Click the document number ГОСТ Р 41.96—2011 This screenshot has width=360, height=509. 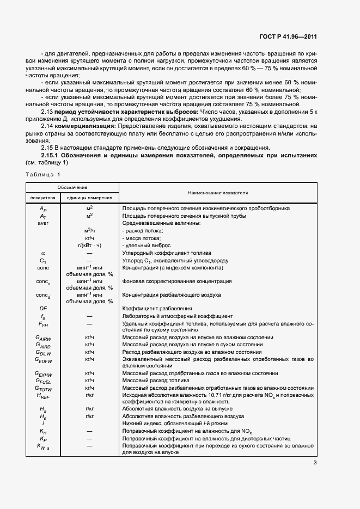[288, 37]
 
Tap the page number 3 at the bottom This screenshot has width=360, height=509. [315, 463]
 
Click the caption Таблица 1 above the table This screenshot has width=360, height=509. [43, 174]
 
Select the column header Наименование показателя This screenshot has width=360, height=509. [218, 193]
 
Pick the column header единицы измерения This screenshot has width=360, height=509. [90, 198]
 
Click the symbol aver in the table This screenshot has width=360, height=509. [44, 223]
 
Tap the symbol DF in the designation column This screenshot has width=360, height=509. [44, 308]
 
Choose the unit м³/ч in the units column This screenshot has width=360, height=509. [90, 231]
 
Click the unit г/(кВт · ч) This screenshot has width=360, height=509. [90, 246]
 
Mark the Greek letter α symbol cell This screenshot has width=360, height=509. [44, 253]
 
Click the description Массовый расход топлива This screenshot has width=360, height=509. [155, 380]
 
